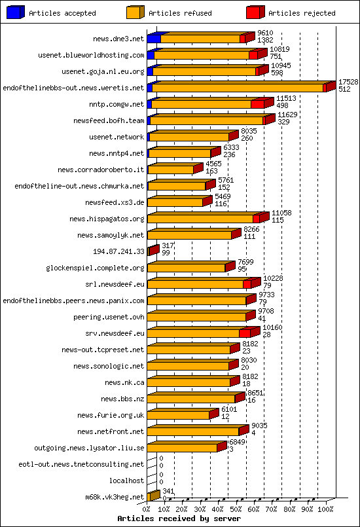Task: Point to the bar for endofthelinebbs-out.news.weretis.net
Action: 239,88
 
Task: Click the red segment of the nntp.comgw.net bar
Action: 257,104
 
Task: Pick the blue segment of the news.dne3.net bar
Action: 153,39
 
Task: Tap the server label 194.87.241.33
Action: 118,251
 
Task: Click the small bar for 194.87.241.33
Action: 153,251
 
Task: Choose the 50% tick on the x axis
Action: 236,508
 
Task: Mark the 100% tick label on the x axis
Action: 325,508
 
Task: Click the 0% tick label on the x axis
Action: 147,508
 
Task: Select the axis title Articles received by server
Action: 179,518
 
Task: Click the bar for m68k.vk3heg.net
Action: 153,496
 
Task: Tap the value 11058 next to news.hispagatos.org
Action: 281,213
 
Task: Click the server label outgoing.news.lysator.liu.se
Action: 89,448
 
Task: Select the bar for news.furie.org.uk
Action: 178,415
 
